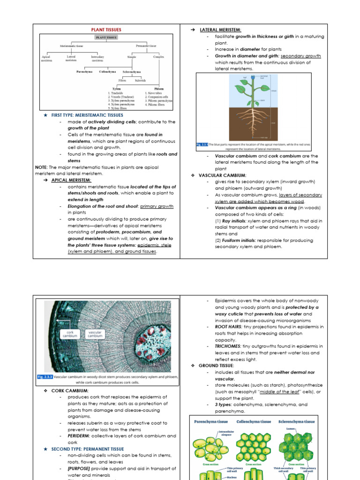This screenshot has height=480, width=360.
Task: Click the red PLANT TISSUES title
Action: point(106,29)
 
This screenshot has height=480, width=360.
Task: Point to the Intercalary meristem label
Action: point(97,58)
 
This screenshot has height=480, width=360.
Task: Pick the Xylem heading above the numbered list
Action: point(117,88)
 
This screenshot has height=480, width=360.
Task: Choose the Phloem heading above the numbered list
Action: point(159,88)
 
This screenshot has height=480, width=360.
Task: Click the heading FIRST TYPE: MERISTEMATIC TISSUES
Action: point(87,115)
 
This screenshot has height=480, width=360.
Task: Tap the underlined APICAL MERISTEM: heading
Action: point(71,180)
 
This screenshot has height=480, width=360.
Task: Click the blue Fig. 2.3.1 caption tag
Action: point(202,144)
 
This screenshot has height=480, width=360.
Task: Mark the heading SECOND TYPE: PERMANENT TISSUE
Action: point(87,449)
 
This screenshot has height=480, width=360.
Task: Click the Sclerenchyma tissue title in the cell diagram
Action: point(296,421)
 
